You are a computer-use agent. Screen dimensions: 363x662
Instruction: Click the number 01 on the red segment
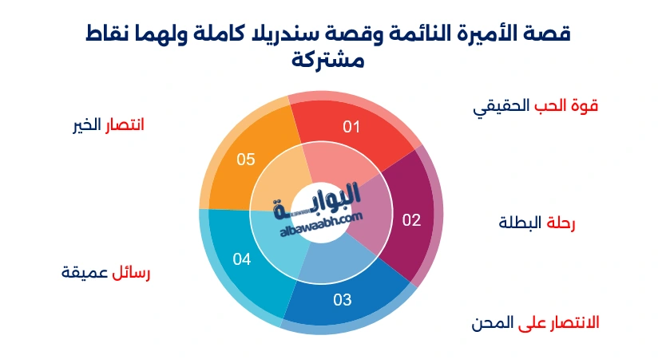tap(352, 126)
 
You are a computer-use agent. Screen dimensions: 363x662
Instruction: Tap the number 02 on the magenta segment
tap(410, 220)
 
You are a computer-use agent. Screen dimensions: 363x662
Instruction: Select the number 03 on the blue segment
tap(342, 300)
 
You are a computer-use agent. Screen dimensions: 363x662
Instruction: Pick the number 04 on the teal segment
tap(242, 258)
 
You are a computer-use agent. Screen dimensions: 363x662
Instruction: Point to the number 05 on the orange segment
tap(246, 160)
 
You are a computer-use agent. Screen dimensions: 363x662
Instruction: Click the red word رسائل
tap(131, 272)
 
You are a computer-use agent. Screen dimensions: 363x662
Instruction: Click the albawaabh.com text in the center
tap(322, 228)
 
